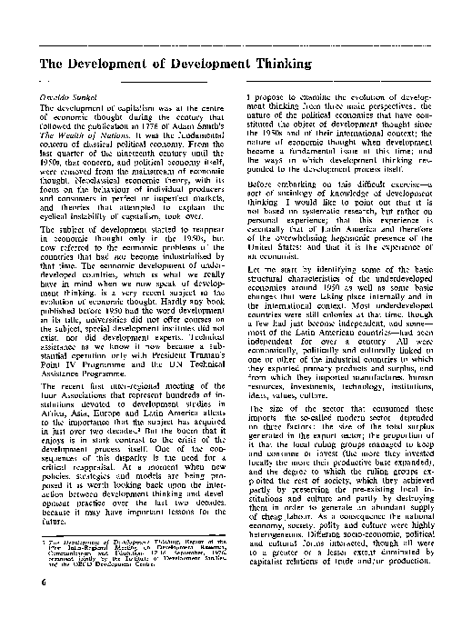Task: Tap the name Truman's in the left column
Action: (201, 353)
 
